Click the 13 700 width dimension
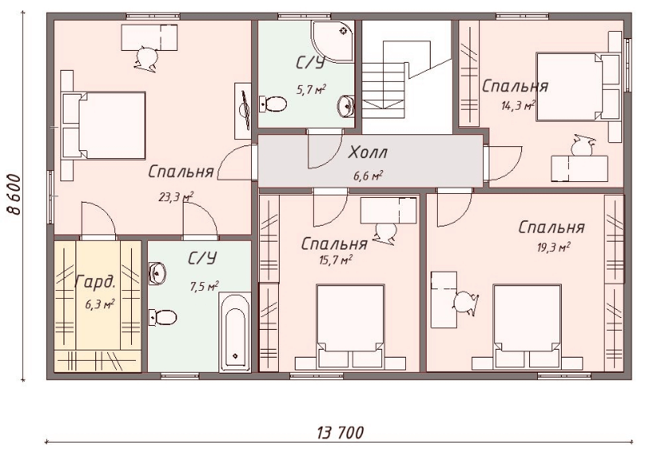tap(341, 432)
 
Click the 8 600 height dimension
tap(14, 195)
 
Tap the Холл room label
tap(367, 153)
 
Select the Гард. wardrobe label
tap(95, 281)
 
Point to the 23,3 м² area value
tap(176, 197)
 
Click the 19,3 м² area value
tap(553, 248)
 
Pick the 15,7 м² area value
tap(335, 260)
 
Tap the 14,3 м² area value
tap(518, 106)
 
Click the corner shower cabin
tap(332, 42)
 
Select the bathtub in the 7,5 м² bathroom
tap(234, 331)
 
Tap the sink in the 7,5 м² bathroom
tap(157, 273)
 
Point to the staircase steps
tap(383, 90)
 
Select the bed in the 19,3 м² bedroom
tap(527, 327)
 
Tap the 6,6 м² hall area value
tap(367, 176)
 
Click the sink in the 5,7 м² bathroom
tap(346, 105)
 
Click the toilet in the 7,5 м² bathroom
tap(163, 318)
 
